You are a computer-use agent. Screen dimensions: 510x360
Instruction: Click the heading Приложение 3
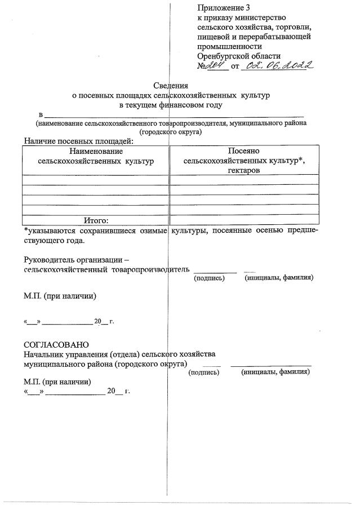point(223,8)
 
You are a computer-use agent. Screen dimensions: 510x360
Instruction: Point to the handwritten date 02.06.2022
point(276,65)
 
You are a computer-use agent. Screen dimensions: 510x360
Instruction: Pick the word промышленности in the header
point(229,46)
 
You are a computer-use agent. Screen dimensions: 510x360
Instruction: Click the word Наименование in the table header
point(96,151)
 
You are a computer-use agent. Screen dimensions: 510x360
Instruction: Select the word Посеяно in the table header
point(244,151)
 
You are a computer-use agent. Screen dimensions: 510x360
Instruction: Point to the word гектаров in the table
point(244,170)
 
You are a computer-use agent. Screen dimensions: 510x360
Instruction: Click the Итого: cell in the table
point(96,220)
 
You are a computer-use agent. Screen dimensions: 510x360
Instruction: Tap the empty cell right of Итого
point(244,220)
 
